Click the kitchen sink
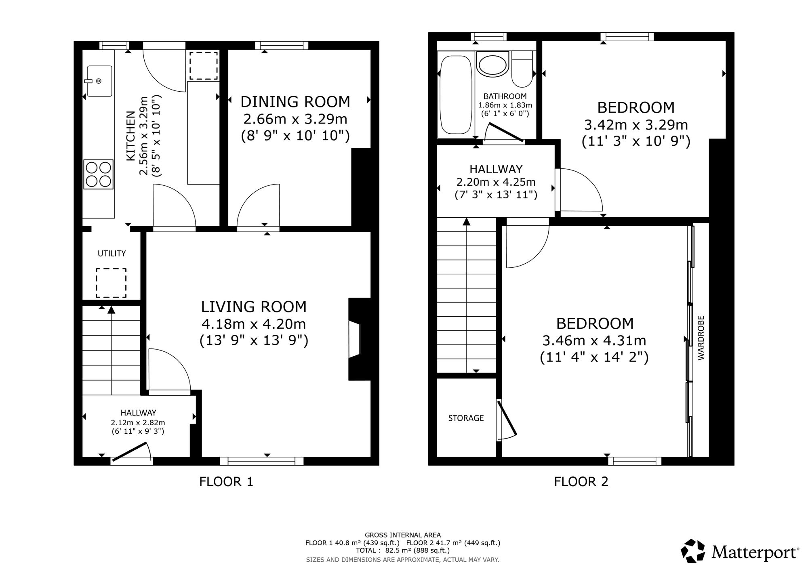pos(99,81)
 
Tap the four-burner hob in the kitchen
pos(99,174)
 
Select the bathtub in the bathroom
pos(456,96)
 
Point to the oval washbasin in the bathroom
pos(492,64)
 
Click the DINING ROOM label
pos(295,102)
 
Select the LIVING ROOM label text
pos(254,307)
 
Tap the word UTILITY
pos(112,254)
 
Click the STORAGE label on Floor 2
pos(466,418)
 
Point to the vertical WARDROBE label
pos(701,338)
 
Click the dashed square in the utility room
pos(111,283)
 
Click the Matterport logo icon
pos(693,551)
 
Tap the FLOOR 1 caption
pos(226,481)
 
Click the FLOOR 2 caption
pos(581,481)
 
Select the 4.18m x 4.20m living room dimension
pos(254,324)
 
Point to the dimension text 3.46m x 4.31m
pos(594,340)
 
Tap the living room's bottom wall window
pos(262,461)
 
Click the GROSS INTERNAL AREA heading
pos(403,535)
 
